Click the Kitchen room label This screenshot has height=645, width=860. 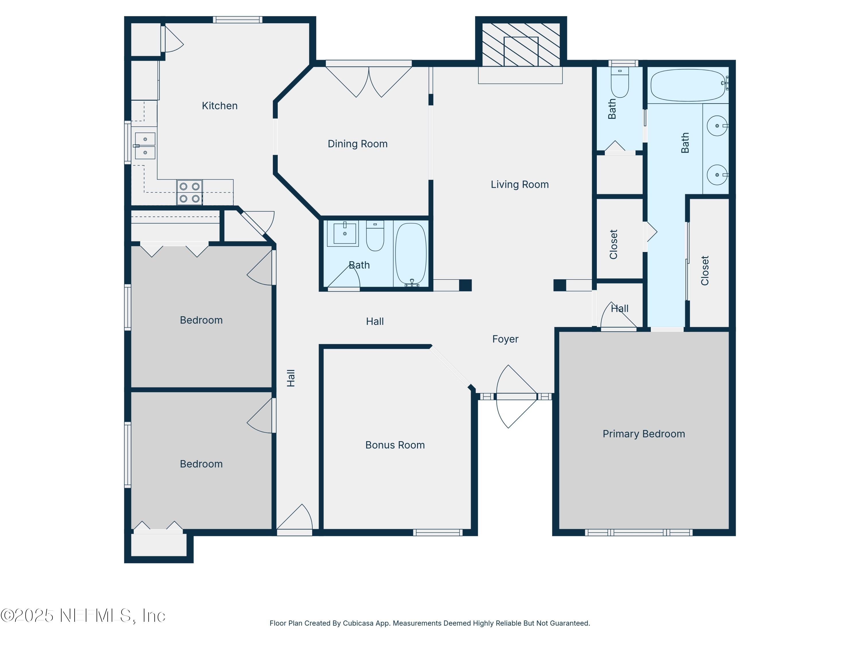point(219,106)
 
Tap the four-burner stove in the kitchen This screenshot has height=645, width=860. point(189,192)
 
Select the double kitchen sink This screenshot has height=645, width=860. point(145,146)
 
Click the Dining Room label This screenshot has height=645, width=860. point(357,144)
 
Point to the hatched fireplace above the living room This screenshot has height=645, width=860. point(521,44)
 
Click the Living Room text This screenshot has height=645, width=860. point(519,184)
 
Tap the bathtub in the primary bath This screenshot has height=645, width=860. point(687,85)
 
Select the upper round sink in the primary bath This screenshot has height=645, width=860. point(717,126)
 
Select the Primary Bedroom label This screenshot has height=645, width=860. point(644,434)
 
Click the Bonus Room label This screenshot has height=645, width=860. point(395,445)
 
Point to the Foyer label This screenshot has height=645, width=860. point(505,339)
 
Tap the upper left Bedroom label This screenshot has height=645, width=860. point(201,320)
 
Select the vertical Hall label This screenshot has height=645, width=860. point(291,378)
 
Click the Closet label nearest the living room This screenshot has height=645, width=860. point(613,244)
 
